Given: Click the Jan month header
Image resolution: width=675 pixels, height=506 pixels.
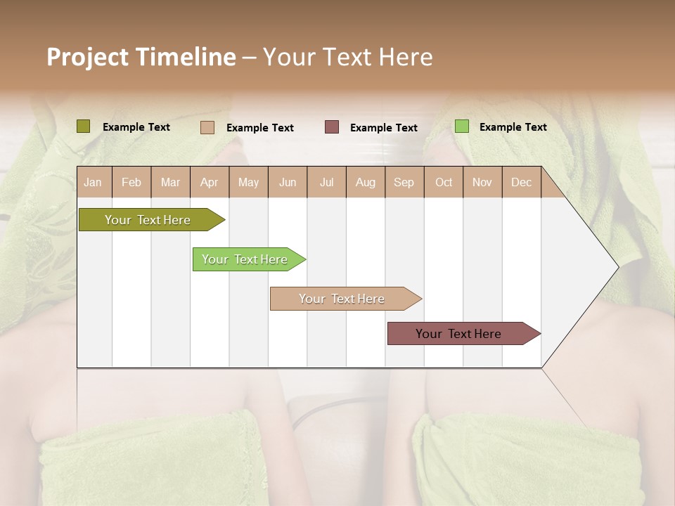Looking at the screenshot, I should (94, 182).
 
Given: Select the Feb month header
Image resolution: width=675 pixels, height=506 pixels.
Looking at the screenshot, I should (131, 182).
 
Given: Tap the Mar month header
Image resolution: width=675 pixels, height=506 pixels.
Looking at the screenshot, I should (170, 182).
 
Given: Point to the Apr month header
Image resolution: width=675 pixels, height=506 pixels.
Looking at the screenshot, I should (210, 182).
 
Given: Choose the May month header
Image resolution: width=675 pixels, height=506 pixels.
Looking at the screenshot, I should (248, 182).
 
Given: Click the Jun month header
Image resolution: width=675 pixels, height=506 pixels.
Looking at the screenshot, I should (288, 182).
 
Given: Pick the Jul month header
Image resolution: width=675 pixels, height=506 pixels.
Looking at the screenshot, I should (326, 182).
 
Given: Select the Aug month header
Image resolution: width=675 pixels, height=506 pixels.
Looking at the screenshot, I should (366, 182).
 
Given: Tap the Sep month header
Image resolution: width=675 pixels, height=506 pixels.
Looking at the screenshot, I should (404, 182).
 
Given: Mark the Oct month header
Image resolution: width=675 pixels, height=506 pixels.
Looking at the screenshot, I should (444, 182).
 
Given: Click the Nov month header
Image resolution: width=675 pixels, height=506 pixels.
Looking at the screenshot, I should (482, 182).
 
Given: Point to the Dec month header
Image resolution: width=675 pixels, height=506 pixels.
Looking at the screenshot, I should (522, 182).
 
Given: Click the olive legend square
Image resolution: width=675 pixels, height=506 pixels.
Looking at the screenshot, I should (84, 126).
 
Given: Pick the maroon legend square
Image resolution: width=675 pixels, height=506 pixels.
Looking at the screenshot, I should (332, 126).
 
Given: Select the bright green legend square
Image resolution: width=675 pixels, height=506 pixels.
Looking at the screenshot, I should (461, 126).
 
